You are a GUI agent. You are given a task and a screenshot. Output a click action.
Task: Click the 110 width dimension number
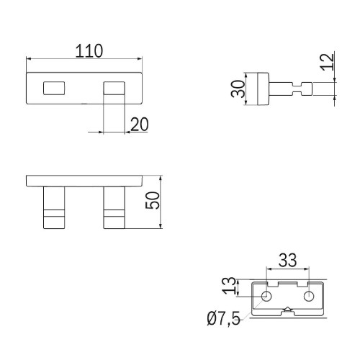tap(89, 51)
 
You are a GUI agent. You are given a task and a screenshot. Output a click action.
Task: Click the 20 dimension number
tap(140, 124)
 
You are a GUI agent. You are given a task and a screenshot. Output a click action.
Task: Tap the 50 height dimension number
tap(153, 200)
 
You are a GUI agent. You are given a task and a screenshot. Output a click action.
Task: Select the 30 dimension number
tap(238, 89)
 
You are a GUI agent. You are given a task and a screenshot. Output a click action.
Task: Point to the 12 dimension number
tap(328, 62)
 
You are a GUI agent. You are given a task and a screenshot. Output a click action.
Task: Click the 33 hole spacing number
tap(288, 260)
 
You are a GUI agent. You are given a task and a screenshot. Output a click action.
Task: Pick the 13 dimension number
tap(228, 286)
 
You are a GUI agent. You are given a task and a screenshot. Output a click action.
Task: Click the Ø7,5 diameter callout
tap(223, 319)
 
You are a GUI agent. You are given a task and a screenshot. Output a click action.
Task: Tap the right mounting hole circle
tap(309, 296)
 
